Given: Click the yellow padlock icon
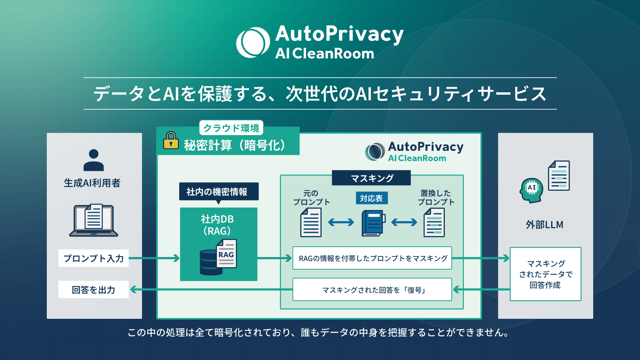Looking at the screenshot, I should (x=171, y=141).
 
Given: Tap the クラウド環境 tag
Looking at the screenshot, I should (x=231, y=128).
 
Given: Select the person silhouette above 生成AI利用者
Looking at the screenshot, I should (x=94, y=160).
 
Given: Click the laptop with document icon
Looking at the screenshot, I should (x=94, y=220).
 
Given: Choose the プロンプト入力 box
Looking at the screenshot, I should (x=94, y=258).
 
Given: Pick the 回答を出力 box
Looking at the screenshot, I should (x=94, y=290).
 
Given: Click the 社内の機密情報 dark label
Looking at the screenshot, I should (x=218, y=192).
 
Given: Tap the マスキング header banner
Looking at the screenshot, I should (x=371, y=178).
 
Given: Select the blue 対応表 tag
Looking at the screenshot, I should (x=371, y=198).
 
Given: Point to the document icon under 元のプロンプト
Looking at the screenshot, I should (x=311, y=223).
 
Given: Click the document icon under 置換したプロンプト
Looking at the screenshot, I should (x=434, y=223).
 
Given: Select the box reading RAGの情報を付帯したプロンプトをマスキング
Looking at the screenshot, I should (x=372, y=258).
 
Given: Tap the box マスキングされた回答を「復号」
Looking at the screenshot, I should (x=372, y=290).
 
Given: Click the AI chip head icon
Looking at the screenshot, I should (x=532, y=190).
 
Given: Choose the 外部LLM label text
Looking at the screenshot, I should (x=544, y=224).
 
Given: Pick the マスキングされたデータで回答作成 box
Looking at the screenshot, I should (x=545, y=274).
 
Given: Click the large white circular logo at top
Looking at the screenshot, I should (x=253, y=42).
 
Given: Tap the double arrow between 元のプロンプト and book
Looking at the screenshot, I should (x=341, y=222).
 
